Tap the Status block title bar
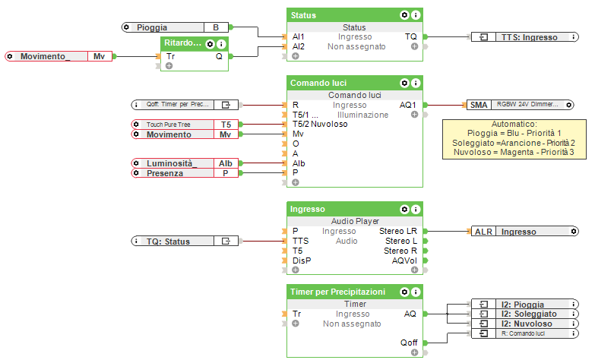(x=342, y=14)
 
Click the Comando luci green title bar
(x=342, y=82)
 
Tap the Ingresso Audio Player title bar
(x=342, y=208)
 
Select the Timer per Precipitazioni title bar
(x=342, y=292)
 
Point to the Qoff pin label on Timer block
(x=409, y=343)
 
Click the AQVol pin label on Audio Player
(x=404, y=261)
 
